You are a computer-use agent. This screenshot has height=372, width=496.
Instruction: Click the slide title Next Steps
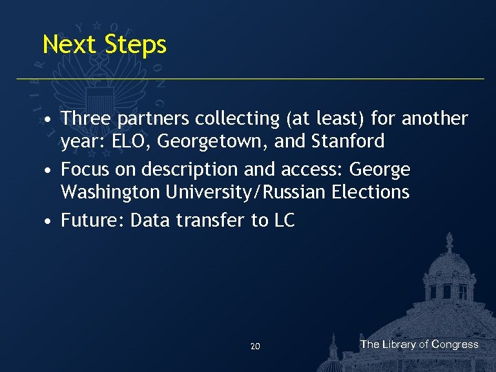(x=104, y=45)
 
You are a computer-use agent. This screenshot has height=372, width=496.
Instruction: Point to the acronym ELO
(x=130, y=142)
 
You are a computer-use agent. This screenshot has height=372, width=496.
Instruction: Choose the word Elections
(x=372, y=192)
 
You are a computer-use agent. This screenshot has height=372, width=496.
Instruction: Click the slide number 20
(x=255, y=347)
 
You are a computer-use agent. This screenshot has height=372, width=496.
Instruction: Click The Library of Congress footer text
(x=419, y=344)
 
